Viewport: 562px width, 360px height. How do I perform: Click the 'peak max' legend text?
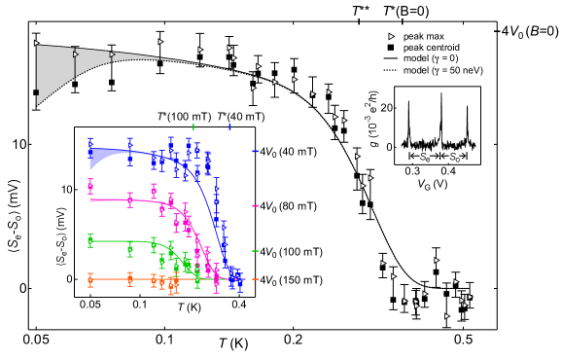(423, 35)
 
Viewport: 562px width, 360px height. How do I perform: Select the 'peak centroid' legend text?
(432, 47)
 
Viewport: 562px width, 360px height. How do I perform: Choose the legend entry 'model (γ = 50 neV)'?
(443, 70)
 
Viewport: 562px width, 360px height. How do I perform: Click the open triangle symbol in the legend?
(389, 35)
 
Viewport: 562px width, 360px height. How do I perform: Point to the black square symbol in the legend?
(389, 47)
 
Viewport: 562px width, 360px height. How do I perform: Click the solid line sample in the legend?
(389, 58)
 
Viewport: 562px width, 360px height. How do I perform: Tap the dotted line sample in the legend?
(389, 70)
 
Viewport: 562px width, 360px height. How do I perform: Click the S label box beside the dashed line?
(424, 156)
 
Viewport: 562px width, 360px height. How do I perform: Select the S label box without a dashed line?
(454, 156)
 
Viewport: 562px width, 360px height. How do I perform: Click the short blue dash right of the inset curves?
(255, 151)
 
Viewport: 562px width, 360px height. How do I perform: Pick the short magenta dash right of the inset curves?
(255, 205)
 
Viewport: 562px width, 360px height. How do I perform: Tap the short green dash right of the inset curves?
(255, 251)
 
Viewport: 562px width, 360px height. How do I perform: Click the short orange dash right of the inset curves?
(255, 279)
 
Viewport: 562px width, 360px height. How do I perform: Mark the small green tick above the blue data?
(194, 126)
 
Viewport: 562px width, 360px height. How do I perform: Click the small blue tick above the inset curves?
(229, 126)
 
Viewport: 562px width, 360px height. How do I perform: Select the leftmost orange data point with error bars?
(90, 280)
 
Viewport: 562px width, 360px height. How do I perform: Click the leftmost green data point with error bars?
(90, 239)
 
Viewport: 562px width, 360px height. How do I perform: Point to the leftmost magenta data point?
(90, 185)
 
